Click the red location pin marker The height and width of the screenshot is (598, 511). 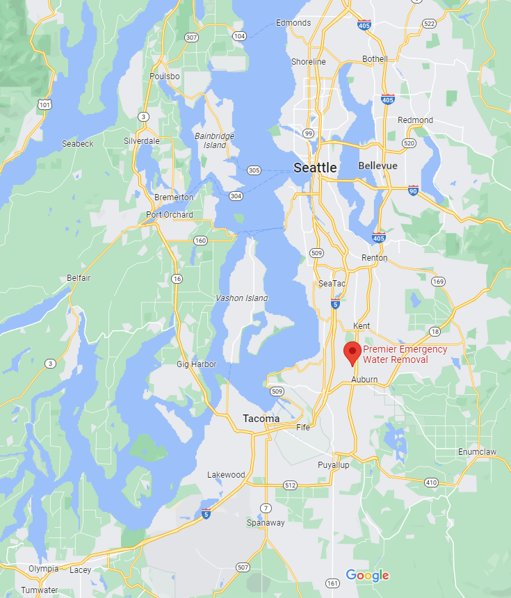[x=352, y=352]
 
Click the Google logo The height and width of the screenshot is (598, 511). [x=367, y=575]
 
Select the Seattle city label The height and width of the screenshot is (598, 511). [x=315, y=168]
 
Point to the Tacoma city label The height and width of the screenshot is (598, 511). [x=261, y=419]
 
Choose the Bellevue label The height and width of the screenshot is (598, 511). [x=378, y=166]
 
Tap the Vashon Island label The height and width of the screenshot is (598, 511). [x=241, y=298]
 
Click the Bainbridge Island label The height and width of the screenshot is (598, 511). [x=214, y=140]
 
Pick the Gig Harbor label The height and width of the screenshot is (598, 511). [x=197, y=364]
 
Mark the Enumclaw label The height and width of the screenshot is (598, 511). [x=478, y=452]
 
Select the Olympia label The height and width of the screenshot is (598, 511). [x=44, y=569]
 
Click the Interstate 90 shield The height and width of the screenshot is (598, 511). [x=413, y=190]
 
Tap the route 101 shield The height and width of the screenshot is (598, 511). [x=45, y=104]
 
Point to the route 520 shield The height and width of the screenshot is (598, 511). [x=409, y=143]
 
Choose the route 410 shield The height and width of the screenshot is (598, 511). [x=431, y=482]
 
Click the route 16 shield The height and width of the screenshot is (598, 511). [x=177, y=278]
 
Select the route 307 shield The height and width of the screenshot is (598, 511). [x=190, y=37]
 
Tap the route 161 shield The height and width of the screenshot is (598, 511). [x=333, y=583]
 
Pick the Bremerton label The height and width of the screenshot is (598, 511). [x=174, y=197]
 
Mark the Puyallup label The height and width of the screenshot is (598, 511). [x=334, y=464]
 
